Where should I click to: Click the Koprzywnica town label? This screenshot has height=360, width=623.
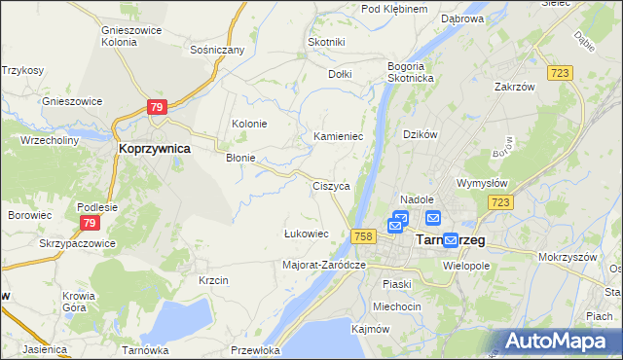153,149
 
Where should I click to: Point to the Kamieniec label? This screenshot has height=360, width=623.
338,137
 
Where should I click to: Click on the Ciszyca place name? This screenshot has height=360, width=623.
330,185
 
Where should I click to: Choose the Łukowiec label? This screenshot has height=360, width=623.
305,234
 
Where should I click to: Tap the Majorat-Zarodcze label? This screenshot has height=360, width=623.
323,265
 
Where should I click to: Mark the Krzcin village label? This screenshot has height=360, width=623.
212,280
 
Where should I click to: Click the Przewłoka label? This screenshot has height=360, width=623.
257,349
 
